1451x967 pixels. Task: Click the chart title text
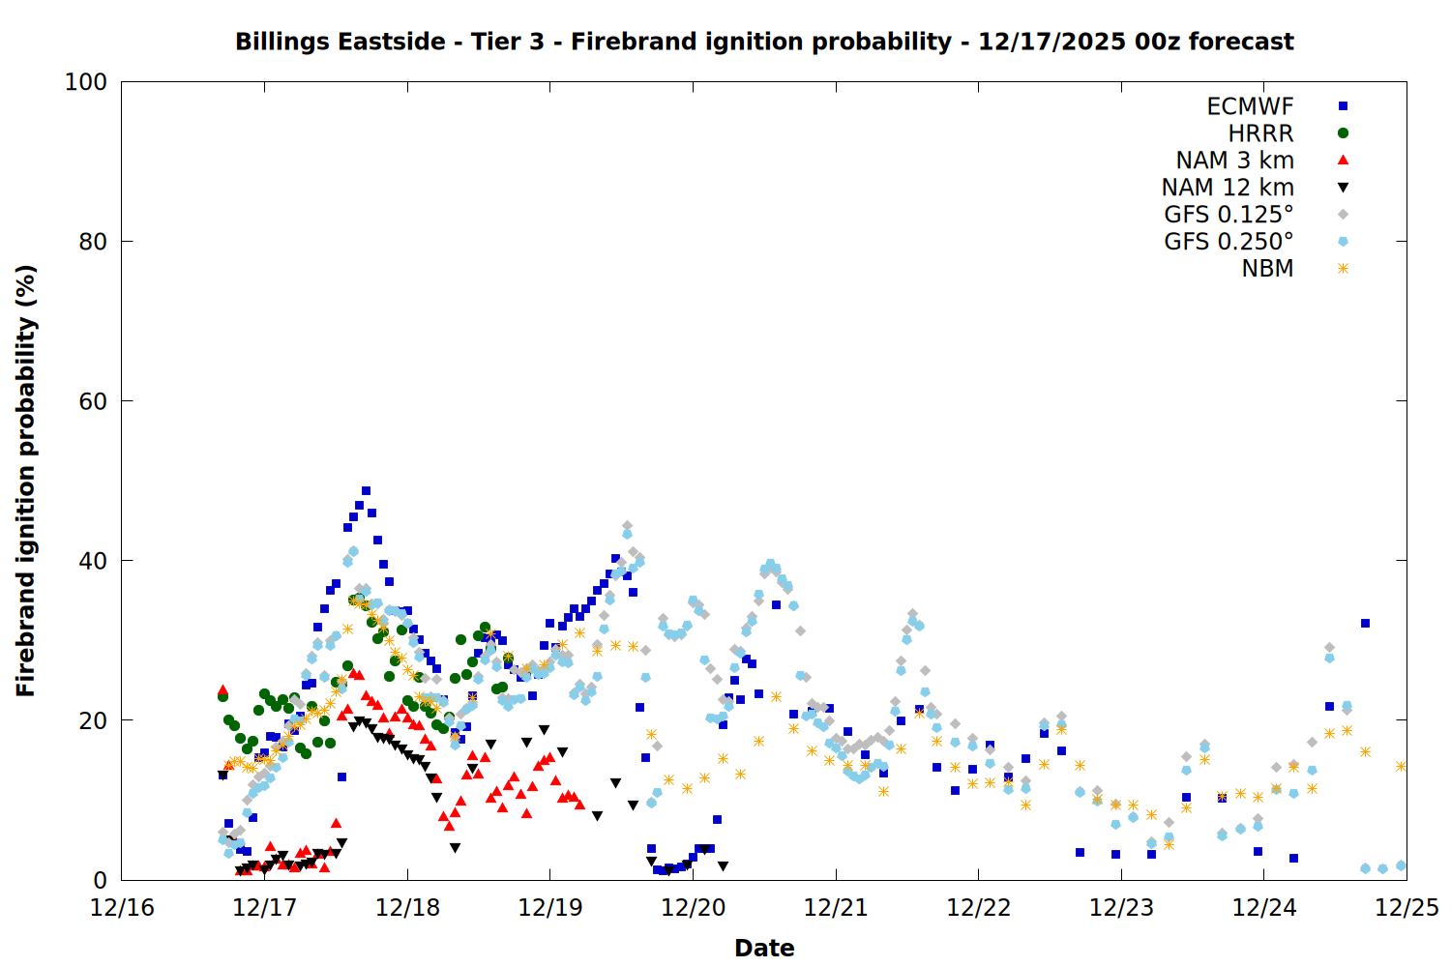tap(764, 42)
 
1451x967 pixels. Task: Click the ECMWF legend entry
tap(1250, 106)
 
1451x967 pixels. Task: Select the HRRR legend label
tap(1260, 133)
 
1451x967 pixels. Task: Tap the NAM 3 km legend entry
tap(1234, 161)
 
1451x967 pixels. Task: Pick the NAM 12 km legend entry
tap(1228, 188)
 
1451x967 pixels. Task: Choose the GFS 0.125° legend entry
tap(1229, 215)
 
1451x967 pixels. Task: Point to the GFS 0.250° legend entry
tap(1229, 242)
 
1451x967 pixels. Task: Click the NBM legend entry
tap(1267, 269)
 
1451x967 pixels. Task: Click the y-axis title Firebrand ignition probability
tap(26, 481)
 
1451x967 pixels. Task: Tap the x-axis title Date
tap(764, 948)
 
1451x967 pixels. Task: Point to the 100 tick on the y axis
tap(86, 82)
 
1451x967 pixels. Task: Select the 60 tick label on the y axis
tap(93, 401)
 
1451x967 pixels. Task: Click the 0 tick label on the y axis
tap(101, 880)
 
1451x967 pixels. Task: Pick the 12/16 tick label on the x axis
tap(122, 908)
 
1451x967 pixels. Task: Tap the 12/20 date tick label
tap(693, 908)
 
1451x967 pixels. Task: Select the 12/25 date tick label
tap(1407, 908)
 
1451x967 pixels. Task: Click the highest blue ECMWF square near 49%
tap(366, 491)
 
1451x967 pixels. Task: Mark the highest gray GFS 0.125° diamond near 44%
tap(627, 526)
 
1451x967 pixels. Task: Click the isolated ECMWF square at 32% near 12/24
tap(1365, 624)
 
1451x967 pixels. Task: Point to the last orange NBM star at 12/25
tap(1401, 766)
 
